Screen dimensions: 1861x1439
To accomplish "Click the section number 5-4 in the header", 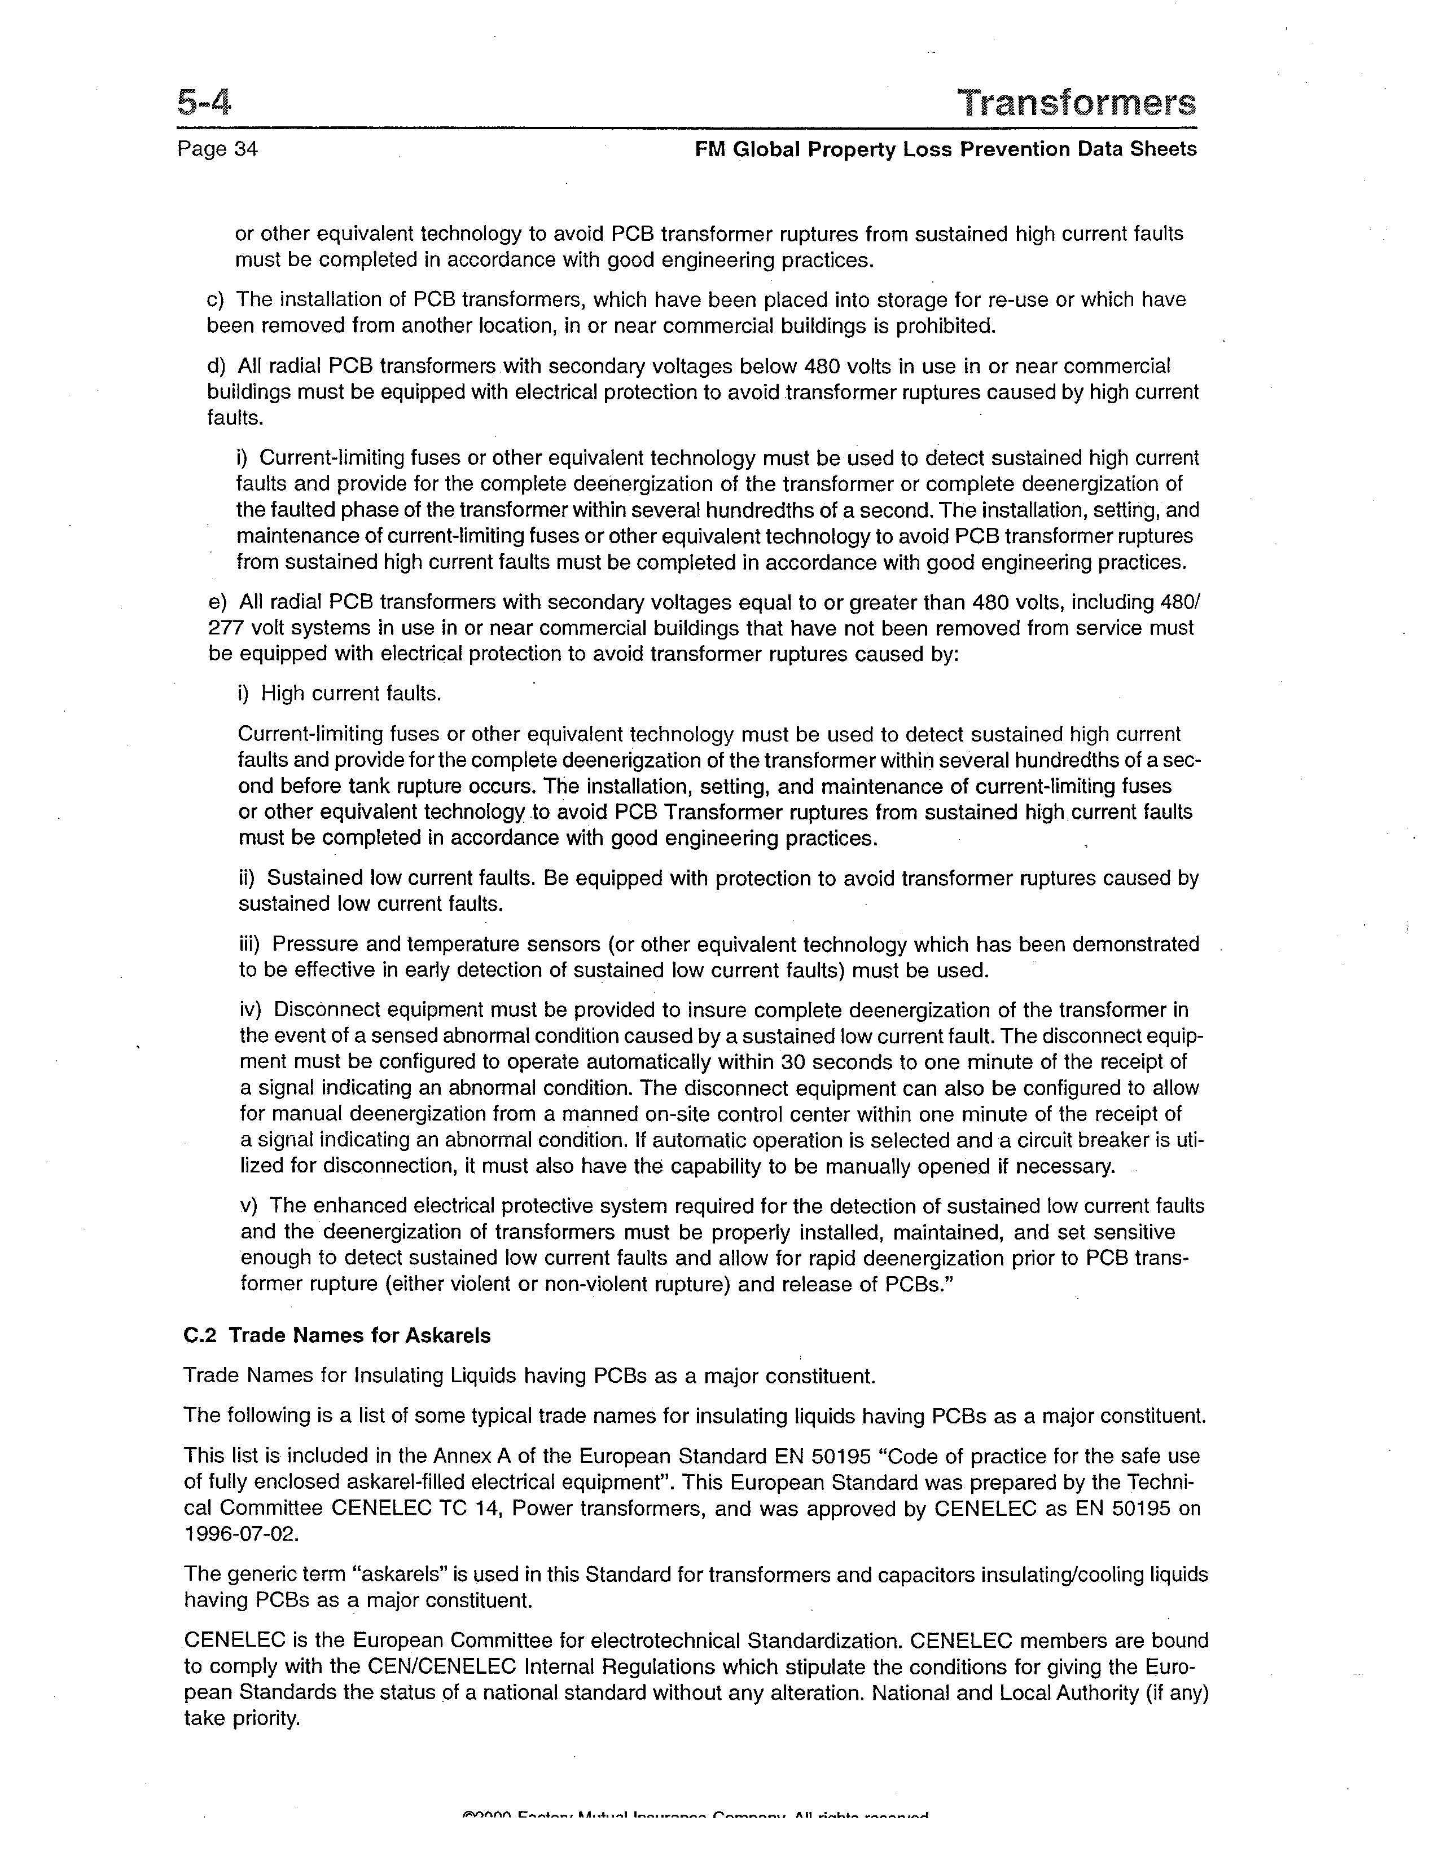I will pos(205,103).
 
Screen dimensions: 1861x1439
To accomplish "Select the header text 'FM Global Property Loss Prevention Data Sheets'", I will pos(945,149).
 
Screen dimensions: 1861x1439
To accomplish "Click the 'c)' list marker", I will pos(216,300).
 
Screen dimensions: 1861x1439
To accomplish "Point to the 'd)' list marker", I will pos(217,367).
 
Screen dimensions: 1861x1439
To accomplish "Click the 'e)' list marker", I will pos(217,602).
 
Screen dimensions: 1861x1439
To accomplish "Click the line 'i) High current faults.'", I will pos(339,694).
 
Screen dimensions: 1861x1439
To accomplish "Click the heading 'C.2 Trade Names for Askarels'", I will pos(337,1335).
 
